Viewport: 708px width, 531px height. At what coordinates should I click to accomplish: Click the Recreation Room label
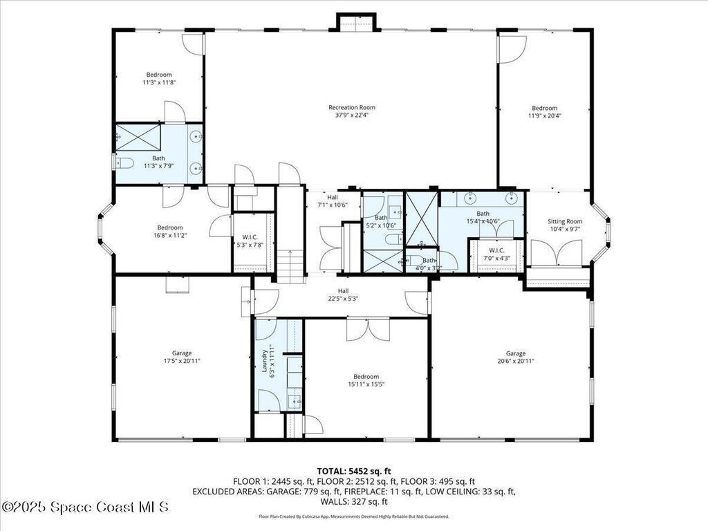[x=351, y=107]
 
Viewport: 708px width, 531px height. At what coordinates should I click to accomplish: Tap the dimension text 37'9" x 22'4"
[x=351, y=115]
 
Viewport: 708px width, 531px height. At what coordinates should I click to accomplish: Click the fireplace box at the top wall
[x=357, y=22]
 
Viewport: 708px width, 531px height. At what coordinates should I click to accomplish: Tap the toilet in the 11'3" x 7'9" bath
[x=123, y=163]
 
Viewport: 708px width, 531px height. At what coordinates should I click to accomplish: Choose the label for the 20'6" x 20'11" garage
[x=515, y=353]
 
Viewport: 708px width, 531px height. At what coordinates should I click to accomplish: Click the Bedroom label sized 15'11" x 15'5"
[x=366, y=376]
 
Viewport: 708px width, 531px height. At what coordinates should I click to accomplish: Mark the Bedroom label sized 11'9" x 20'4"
[x=544, y=108]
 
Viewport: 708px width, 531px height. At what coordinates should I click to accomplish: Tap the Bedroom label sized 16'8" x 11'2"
[x=169, y=227]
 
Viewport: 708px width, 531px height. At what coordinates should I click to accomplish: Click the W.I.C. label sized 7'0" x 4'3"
[x=496, y=250]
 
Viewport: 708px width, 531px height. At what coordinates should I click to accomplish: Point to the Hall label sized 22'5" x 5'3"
[x=343, y=291]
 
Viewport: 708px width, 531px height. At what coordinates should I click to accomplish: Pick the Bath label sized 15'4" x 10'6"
[x=483, y=214]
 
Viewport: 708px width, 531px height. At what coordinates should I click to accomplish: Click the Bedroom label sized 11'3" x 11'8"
[x=158, y=75]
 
